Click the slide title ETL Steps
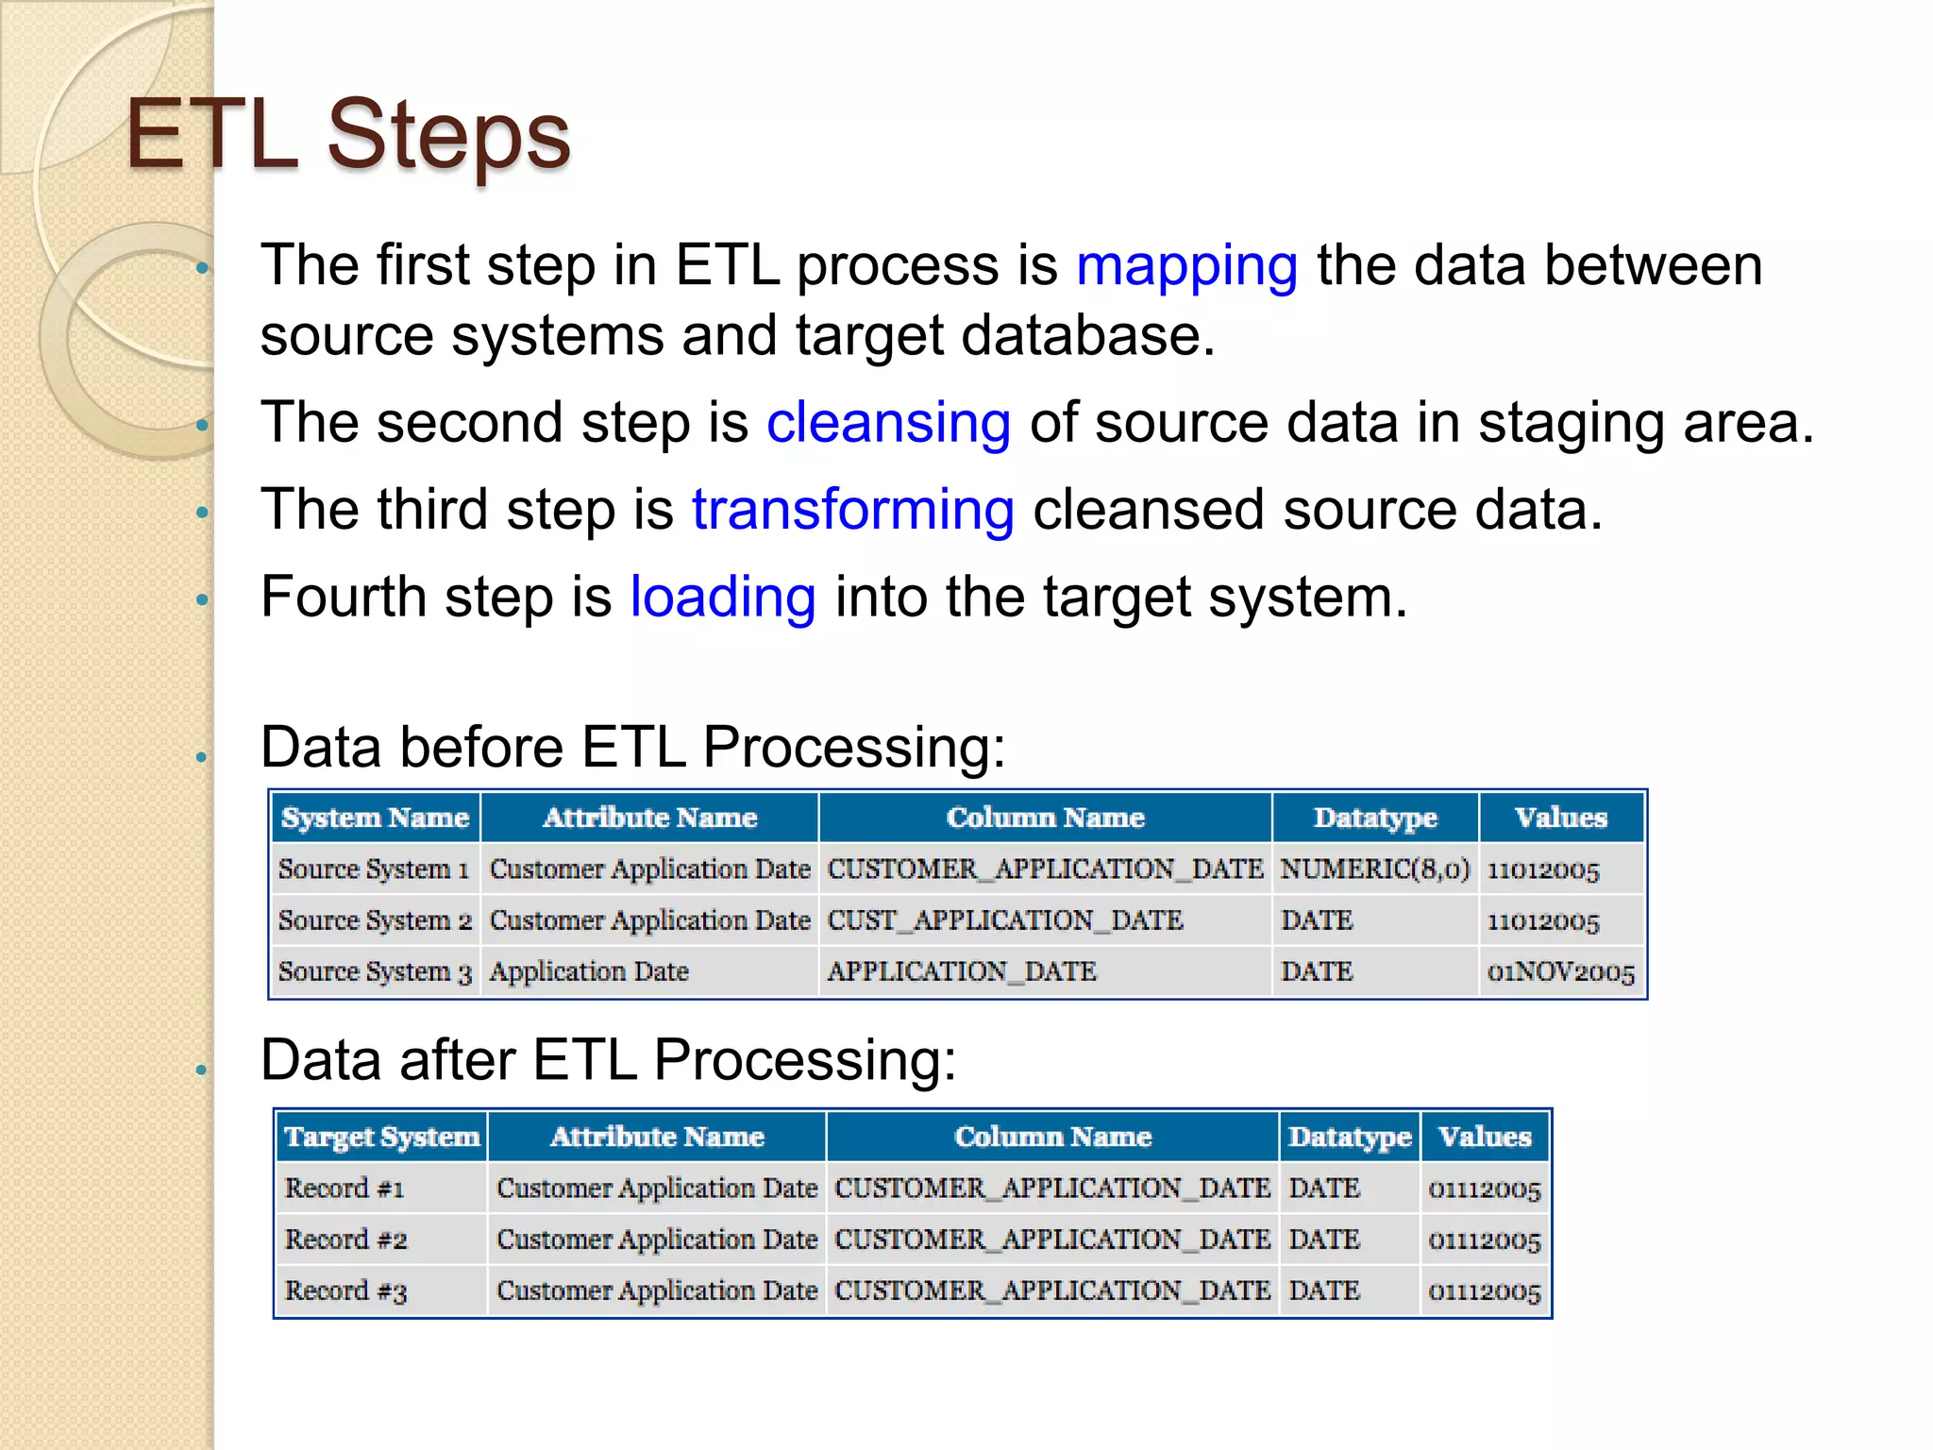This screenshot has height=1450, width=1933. tap(348, 135)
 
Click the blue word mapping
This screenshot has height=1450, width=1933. tap(1186, 265)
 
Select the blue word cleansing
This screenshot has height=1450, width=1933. tap(888, 422)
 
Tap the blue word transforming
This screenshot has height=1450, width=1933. tap(852, 510)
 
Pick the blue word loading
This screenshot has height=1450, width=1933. tap(722, 598)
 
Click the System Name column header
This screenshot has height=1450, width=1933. tap(375, 818)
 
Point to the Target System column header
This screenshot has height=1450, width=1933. tap(382, 1137)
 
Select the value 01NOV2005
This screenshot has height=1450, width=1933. tap(1560, 972)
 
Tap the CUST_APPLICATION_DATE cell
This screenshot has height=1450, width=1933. tap(1004, 920)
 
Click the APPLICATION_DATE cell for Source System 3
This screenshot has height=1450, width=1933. tap(961, 971)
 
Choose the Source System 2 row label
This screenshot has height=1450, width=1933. tap(375, 920)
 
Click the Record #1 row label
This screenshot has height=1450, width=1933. tap(345, 1189)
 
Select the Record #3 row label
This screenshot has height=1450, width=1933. tap(345, 1290)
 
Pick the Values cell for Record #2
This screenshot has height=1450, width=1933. tap(1484, 1240)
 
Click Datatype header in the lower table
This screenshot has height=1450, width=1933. tap(1350, 1137)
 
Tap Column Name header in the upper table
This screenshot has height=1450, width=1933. tap(1045, 818)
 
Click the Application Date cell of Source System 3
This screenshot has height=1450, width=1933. tap(589, 971)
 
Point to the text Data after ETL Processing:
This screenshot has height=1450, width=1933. tap(608, 1060)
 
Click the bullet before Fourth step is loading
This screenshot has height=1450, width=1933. tap(201, 599)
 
